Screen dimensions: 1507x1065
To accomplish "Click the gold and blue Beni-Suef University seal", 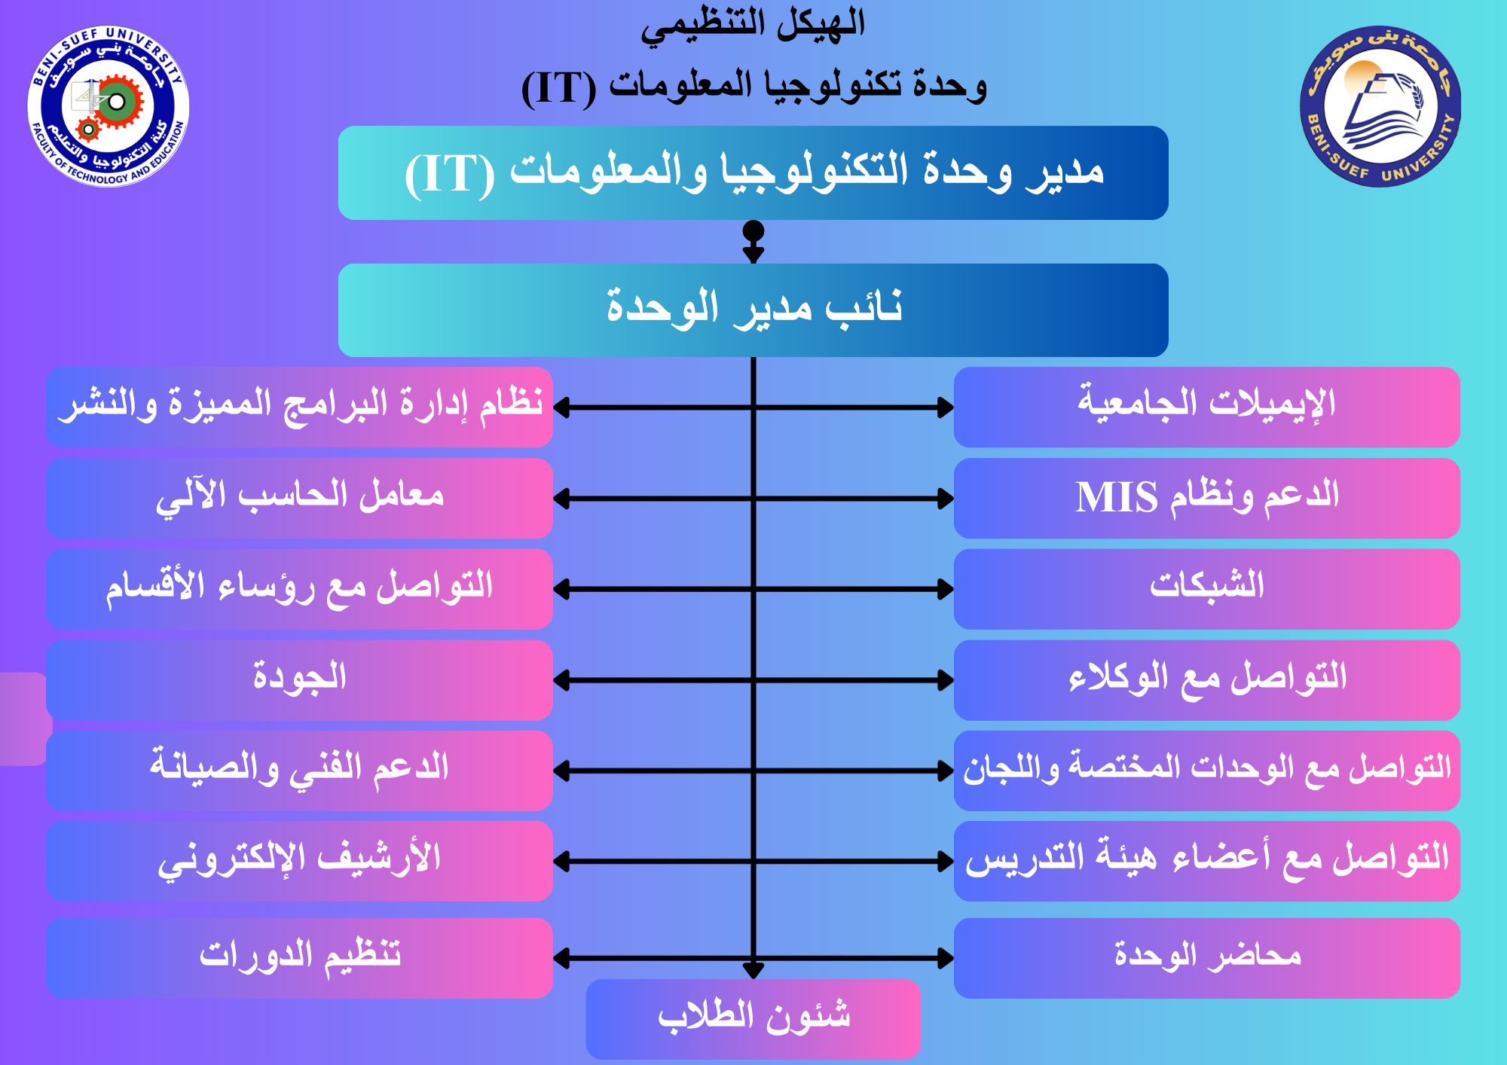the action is [1380, 106].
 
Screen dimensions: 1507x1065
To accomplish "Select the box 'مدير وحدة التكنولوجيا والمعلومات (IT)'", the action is [753, 172].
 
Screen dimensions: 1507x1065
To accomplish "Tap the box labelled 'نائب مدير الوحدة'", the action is [753, 310].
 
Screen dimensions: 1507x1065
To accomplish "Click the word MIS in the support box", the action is [1116, 497].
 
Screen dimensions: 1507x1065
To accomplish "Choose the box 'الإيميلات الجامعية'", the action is [1207, 407].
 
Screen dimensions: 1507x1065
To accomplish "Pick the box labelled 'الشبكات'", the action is [1207, 589].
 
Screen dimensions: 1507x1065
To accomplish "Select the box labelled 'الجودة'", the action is [299, 680].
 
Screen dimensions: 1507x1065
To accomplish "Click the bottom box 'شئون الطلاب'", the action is [753, 1019].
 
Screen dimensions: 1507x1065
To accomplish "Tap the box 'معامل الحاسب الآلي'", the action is [299, 498].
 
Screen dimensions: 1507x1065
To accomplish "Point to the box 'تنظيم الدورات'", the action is [299, 958].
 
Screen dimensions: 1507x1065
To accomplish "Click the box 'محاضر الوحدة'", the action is [1207, 958].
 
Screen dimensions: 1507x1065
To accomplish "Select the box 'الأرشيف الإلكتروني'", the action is [299, 861].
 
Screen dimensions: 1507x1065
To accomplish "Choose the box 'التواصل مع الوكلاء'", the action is [1207, 680].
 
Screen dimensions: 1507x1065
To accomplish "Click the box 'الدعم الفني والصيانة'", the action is [299, 771].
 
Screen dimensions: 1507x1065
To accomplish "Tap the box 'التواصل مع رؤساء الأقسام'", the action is [299, 589].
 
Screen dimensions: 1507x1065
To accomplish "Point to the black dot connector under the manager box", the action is [753, 230].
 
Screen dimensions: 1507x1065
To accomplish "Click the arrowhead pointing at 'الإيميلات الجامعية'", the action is [946, 407].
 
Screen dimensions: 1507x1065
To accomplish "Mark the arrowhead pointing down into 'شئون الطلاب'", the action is [753, 971].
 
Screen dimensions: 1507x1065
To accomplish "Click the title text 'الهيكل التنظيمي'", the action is [753, 24].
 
